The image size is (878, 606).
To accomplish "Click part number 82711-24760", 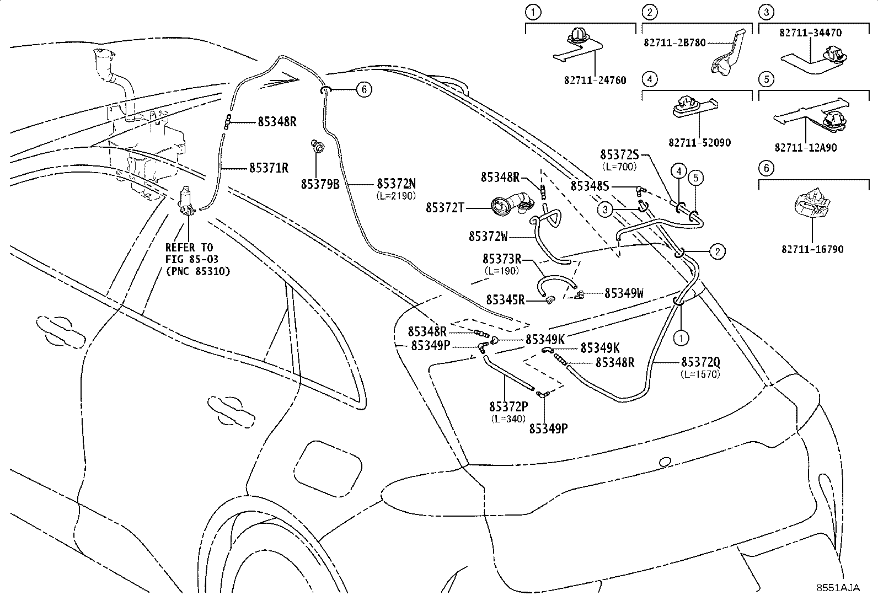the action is click(x=595, y=80).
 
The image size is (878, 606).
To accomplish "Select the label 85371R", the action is click(x=269, y=168).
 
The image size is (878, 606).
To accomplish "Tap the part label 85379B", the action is click(x=320, y=184).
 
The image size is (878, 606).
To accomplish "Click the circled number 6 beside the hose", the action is click(x=364, y=90).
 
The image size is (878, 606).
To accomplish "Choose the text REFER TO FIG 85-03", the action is click(x=191, y=253).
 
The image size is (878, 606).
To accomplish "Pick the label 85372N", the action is click(x=397, y=184).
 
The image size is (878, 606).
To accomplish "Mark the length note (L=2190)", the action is click(x=397, y=195).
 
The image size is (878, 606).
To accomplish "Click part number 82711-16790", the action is click(x=812, y=249).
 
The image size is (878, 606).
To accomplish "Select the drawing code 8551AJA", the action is click(x=838, y=588).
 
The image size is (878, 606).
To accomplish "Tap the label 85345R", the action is click(x=505, y=300).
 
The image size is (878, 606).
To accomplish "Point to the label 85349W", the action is click(x=624, y=293).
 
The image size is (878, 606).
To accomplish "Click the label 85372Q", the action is click(x=701, y=362).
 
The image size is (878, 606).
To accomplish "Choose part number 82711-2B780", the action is click(x=674, y=42).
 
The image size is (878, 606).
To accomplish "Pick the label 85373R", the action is click(x=502, y=259).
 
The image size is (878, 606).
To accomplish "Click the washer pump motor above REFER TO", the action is click(x=186, y=201).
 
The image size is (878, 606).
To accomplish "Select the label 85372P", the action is click(x=509, y=406).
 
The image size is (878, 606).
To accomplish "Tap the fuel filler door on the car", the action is click(x=328, y=469).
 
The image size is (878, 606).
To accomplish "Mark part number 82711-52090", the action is click(x=700, y=142).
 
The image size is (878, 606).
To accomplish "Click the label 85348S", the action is click(x=590, y=186).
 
